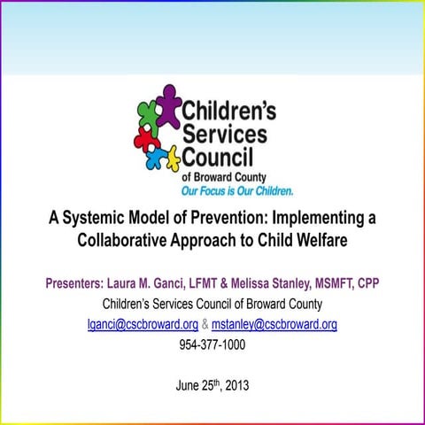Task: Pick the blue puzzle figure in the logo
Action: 154,159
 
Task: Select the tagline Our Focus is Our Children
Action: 236,190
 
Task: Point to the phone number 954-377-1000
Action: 212,344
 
